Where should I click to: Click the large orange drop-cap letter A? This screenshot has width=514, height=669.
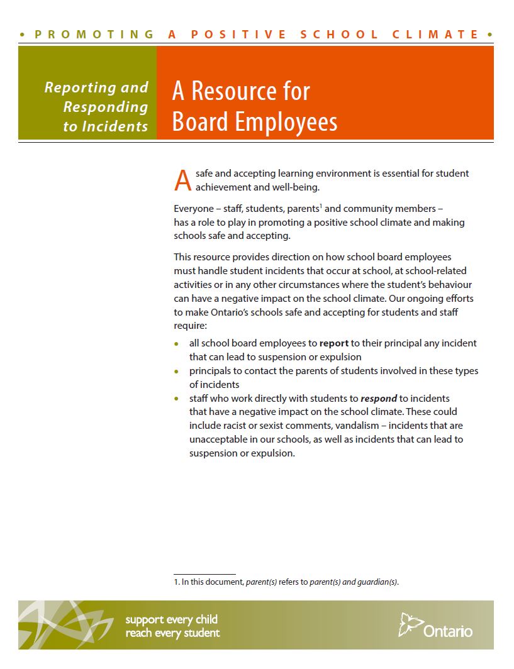[x=182, y=180]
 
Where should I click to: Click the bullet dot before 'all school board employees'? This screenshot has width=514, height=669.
[x=176, y=344]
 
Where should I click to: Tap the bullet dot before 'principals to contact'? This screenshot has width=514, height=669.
[x=176, y=372]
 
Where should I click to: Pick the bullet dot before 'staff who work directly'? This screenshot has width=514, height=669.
[x=176, y=399]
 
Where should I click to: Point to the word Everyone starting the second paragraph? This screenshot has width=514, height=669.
[x=194, y=209]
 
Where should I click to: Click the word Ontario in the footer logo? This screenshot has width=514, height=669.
[x=448, y=630]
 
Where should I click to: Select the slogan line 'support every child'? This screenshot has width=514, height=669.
[x=171, y=620]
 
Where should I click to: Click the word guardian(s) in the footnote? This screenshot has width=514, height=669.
[x=379, y=582]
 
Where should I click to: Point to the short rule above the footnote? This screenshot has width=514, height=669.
[x=204, y=573]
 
